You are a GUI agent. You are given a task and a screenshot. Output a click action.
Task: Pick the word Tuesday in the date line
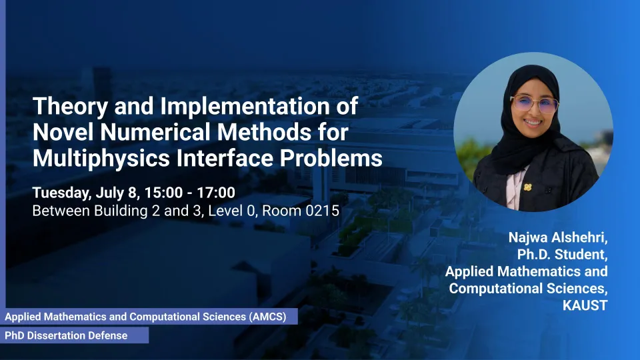62,193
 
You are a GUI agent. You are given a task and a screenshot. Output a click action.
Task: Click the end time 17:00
216,193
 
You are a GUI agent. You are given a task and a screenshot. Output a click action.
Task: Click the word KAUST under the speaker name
585,305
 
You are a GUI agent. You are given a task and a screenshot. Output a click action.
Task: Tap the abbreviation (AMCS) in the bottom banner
268,317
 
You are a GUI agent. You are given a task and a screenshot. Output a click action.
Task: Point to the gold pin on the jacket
528,187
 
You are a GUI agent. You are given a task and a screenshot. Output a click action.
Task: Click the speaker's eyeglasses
534,103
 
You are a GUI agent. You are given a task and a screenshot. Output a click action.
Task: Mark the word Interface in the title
225,158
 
